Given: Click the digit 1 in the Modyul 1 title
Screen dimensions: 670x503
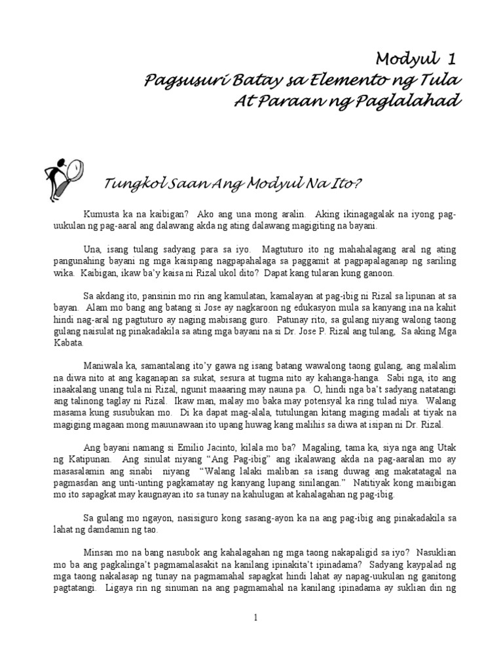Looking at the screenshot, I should [x=450, y=60].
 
